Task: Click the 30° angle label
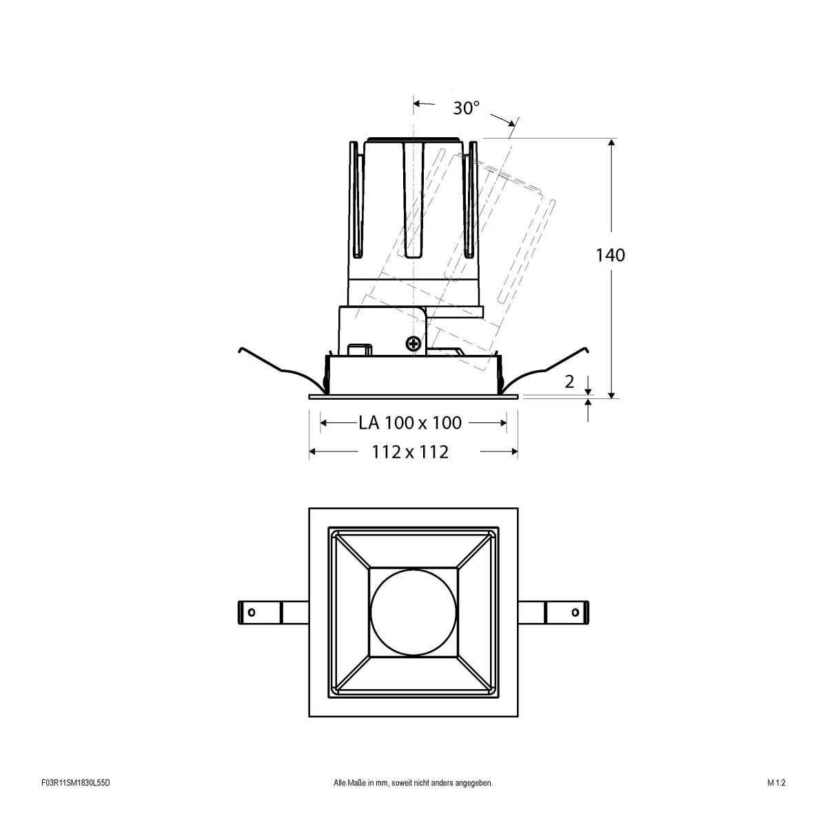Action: click(x=466, y=108)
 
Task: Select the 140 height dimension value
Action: click(x=610, y=255)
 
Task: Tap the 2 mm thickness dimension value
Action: click(x=569, y=382)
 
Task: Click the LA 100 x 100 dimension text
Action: click(x=410, y=422)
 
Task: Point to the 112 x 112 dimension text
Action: click(x=410, y=452)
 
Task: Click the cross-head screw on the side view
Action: click(x=413, y=343)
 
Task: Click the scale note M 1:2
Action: click(x=775, y=802)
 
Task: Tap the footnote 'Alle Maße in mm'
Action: click(x=413, y=802)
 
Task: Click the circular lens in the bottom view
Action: click(x=413, y=611)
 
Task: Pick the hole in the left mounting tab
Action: click(x=252, y=612)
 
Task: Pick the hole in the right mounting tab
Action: click(x=574, y=612)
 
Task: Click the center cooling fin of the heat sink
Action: click(x=413, y=200)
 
